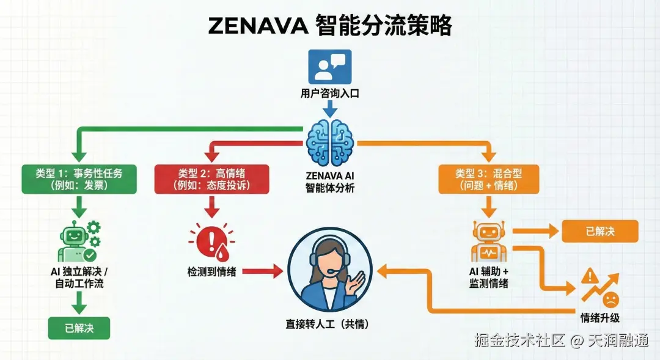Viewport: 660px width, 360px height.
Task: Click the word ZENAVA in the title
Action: coord(256,26)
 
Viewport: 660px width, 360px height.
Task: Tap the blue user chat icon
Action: coord(330,66)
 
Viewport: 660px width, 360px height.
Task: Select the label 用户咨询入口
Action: coord(330,94)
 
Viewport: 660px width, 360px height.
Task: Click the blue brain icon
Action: coord(330,142)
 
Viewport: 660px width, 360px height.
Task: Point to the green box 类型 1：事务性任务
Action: coord(71,179)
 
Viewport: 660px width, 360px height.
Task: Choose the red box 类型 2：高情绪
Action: coord(211,179)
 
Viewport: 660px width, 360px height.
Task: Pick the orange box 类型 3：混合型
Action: coord(488,179)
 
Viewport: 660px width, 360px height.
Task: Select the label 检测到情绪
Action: coord(211,271)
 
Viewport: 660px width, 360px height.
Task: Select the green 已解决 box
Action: coord(79,328)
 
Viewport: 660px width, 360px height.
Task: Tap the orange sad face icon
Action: coord(610,299)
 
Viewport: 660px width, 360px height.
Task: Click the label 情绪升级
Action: coord(599,318)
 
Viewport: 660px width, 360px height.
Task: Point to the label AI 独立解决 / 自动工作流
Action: coord(79,277)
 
